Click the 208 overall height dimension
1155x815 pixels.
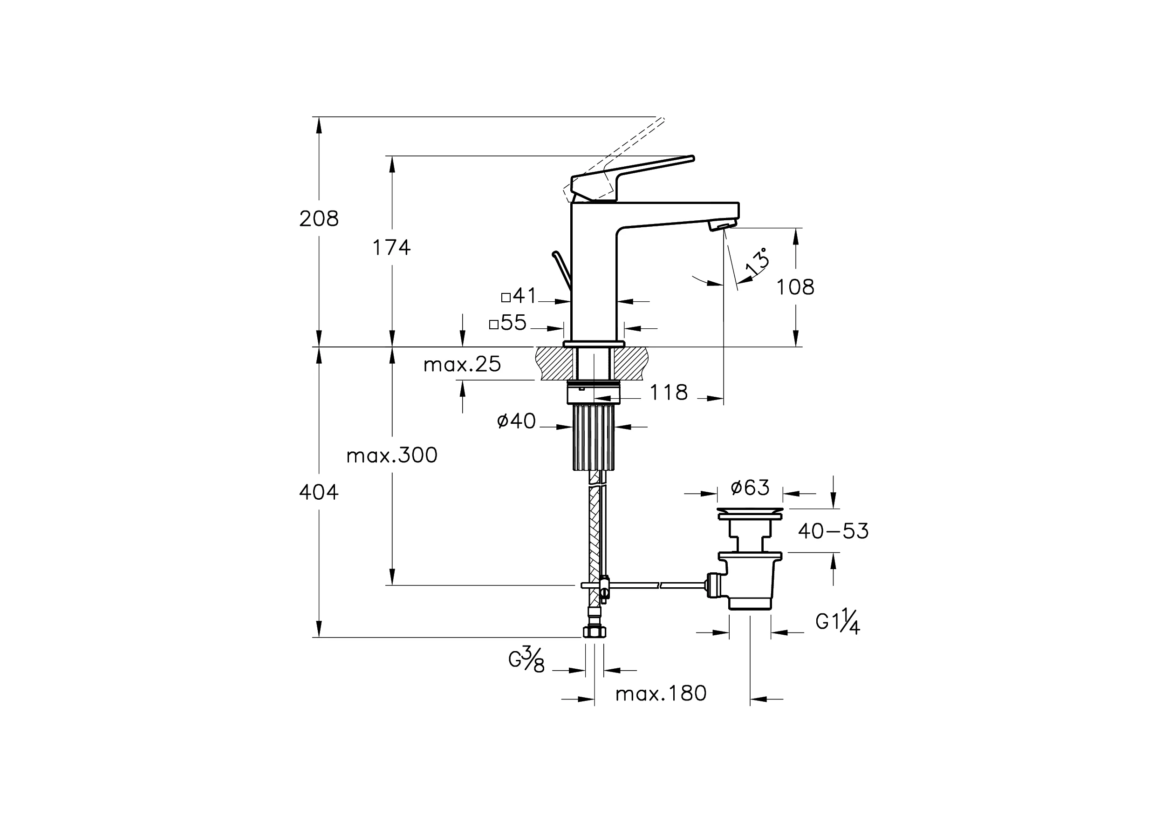pyautogui.click(x=319, y=219)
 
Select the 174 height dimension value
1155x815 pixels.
pyautogui.click(x=391, y=248)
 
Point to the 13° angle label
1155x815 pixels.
pyautogui.click(x=757, y=261)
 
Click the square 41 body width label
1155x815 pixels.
pyautogui.click(x=519, y=296)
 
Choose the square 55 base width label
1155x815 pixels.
pyautogui.click(x=508, y=323)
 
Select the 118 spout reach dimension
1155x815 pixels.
pyautogui.click(x=669, y=393)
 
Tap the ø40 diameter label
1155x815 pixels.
pyautogui.click(x=516, y=421)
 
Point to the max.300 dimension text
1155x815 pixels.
pyautogui.click(x=392, y=455)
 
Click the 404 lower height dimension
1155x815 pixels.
pyautogui.click(x=319, y=493)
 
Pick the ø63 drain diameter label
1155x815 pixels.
pyautogui.click(x=750, y=487)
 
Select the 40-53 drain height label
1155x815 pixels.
pyautogui.click(x=833, y=531)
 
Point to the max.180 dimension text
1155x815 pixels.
pyautogui.click(x=661, y=694)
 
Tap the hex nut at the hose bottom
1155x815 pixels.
pyautogui.click(x=594, y=632)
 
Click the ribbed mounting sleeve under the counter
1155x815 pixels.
pyautogui.click(x=594, y=437)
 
